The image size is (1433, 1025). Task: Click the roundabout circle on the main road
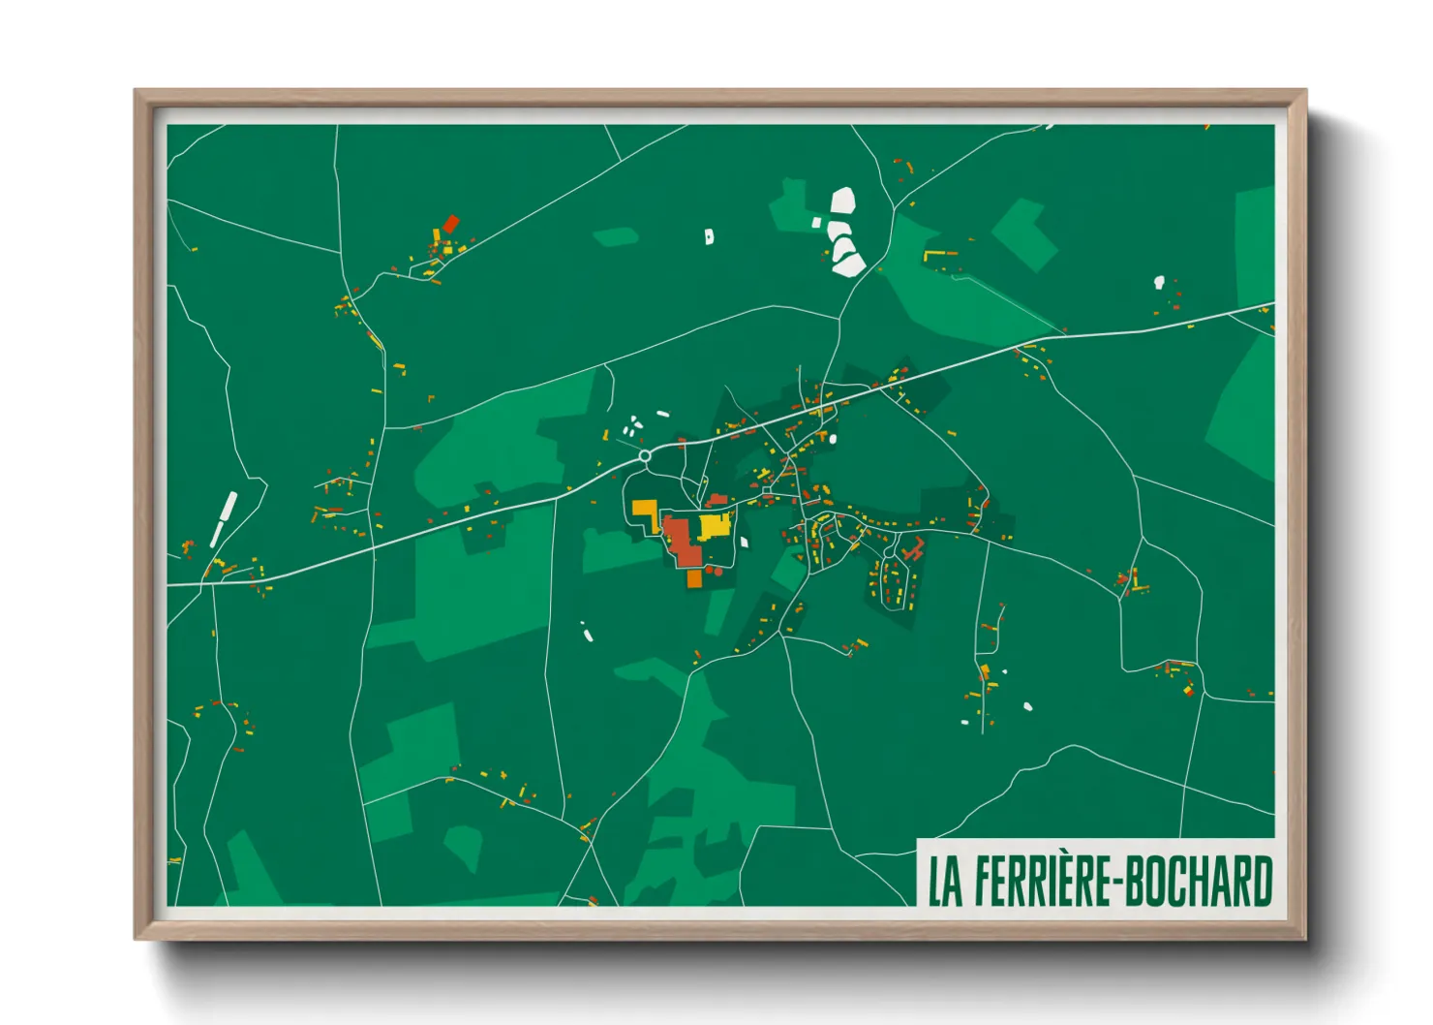point(645,455)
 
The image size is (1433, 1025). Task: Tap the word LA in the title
point(945,881)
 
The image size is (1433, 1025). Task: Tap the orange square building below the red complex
point(694,578)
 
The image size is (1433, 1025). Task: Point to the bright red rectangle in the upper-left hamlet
point(450,224)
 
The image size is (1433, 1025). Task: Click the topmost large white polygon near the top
point(842,201)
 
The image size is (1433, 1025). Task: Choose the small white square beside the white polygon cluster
point(816,223)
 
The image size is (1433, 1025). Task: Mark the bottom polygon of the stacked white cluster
point(849,263)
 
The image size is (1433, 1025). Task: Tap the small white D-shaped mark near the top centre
point(709,235)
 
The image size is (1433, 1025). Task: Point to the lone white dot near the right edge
point(1159,282)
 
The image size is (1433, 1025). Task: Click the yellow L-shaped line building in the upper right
point(936,255)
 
